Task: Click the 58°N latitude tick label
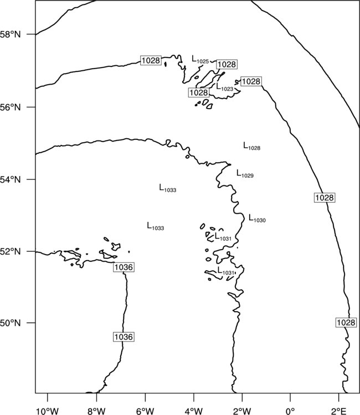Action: (x=11, y=34)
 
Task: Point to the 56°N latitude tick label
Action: (x=11, y=107)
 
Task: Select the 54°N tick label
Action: (x=11, y=180)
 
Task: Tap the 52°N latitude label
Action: (x=11, y=251)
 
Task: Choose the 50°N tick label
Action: (x=11, y=323)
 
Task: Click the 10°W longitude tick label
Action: (x=48, y=411)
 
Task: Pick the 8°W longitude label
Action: (x=96, y=411)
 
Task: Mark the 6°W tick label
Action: (x=145, y=411)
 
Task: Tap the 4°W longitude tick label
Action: (x=194, y=411)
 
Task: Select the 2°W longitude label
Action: (x=242, y=411)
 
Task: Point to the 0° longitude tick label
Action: (x=290, y=411)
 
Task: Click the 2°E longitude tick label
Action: (x=338, y=411)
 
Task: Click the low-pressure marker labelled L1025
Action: (x=200, y=60)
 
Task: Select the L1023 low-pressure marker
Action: (x=225, y=87)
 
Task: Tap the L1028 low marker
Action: (x=251, y=146)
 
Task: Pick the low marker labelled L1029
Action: (x=245, y=174)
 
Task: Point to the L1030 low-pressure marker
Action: (x=257, y=219)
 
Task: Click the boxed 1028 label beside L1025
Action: (x=227, y=64)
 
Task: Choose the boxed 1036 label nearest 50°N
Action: (x=124, y=337)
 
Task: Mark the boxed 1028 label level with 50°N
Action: (x=346, y=323)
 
